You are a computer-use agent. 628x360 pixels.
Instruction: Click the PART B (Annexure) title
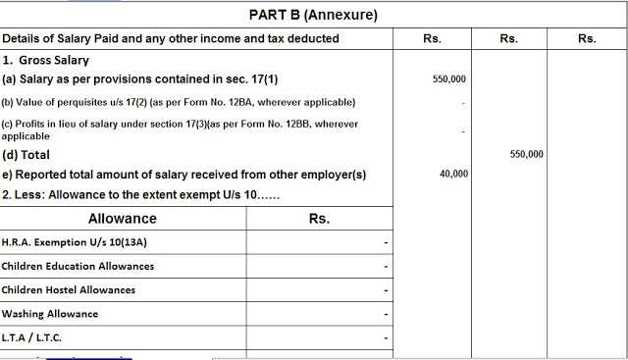click(x=313, y=15)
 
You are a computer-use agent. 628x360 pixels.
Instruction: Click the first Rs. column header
click(x=432, y=39)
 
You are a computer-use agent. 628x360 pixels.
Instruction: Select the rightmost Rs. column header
click(x=587, y=39)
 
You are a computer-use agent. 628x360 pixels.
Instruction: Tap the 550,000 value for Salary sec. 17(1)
click(x=449, y=78)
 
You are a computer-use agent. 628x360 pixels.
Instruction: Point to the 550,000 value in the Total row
click(x=528, y=155)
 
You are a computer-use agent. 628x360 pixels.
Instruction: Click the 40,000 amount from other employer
click(x=454, y=175)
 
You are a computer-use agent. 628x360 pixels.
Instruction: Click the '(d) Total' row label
click(x=26, y=155)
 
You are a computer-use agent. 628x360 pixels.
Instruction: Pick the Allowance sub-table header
click(x=122, y=219)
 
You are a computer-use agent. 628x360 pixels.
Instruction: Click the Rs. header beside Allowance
click(x=319, y=219)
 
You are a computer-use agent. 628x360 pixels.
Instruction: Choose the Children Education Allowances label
click(x=78, y=266)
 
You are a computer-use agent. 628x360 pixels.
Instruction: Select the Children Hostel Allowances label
click(x=69, y=289)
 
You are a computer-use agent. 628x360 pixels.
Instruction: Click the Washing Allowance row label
click(x=50, y=314)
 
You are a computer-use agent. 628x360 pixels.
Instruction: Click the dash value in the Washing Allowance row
click(x=387, y=315)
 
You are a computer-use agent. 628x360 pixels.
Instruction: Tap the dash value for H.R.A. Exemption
click(x=387, y=243)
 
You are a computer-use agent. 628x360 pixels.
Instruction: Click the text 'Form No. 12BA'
click(x=252, y=102)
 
